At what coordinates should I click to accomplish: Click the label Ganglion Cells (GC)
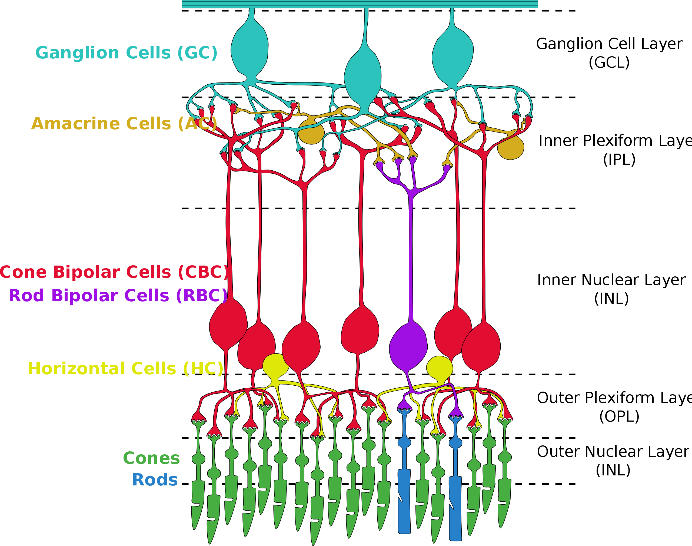(x=126, y=53)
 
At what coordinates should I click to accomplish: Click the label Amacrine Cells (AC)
(x=124, y=124)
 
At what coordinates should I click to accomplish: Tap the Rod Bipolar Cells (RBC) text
(x=118, y=296)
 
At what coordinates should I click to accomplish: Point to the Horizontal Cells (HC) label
(x=125, y=369)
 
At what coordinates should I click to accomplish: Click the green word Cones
(x=151, y=458)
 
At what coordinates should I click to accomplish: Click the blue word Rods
(x=155, y=480)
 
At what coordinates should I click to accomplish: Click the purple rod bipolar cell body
(x=408, y=347)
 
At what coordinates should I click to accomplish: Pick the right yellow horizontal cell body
(x=440, y=368)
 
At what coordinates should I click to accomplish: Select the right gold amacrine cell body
(x=511, y=148)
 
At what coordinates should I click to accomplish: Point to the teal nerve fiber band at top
(x=360, y=4)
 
